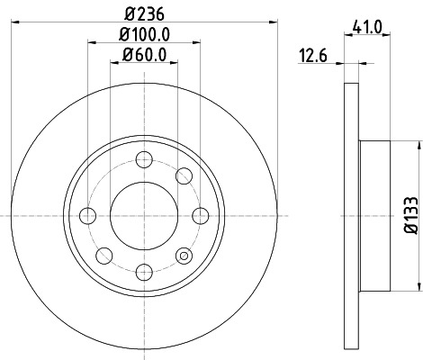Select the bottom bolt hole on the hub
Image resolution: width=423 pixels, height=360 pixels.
tap(142, 269)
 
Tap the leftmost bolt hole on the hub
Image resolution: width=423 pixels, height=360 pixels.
tap(87, 215)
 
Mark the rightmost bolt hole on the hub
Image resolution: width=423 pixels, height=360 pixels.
tap(197, 215)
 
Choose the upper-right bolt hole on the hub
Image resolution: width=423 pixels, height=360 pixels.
tap(184, 175)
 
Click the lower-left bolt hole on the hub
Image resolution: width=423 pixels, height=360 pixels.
tap(103, 254)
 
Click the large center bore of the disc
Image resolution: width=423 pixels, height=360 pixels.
tap(142, 215)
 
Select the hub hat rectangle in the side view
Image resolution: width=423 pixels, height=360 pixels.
tap(376, 215)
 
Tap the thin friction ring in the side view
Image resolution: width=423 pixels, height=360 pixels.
tap(351, 215)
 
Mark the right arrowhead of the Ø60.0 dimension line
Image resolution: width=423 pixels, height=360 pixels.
tap(172, 60)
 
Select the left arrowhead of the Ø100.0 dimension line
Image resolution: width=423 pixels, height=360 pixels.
tap(91, 40)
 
